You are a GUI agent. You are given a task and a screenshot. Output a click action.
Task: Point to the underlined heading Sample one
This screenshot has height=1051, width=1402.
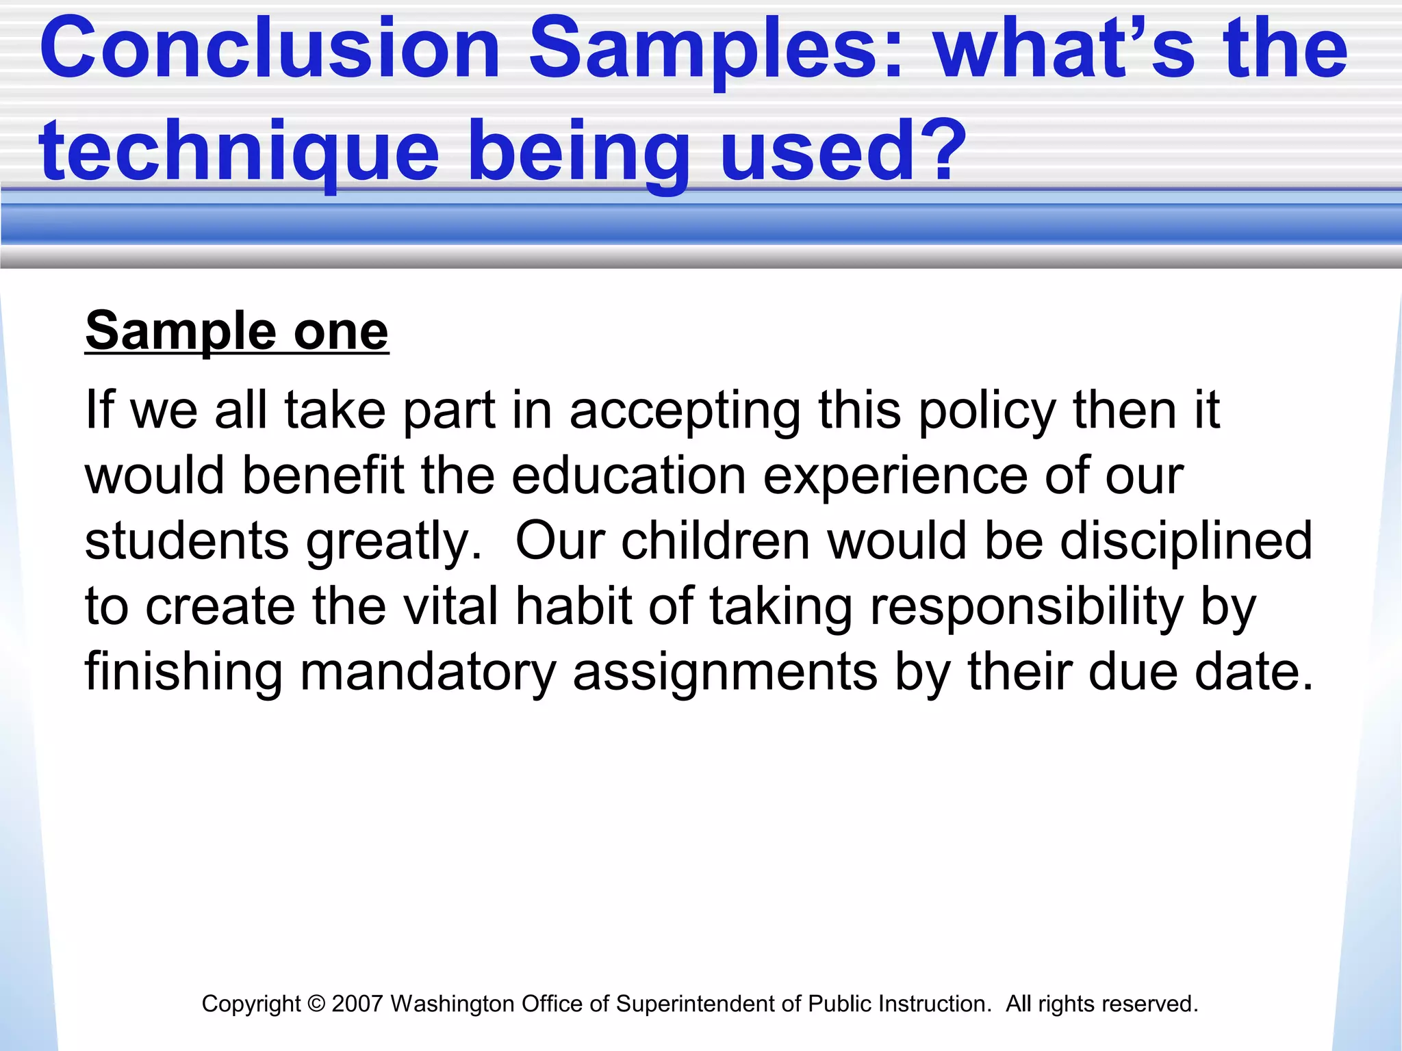pos(237,332)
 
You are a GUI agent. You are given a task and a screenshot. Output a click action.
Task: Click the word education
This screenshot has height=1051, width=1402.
pos(628,476)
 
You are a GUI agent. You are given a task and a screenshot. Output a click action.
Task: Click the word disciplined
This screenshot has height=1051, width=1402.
pos(1186,541)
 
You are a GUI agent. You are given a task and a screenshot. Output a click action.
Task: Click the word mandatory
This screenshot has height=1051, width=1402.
pos(428,673)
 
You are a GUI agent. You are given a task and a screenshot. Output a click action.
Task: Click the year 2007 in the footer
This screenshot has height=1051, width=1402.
pos(357,1004)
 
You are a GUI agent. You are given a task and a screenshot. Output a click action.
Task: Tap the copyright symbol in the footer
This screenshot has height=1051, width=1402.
pos(316,1004)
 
